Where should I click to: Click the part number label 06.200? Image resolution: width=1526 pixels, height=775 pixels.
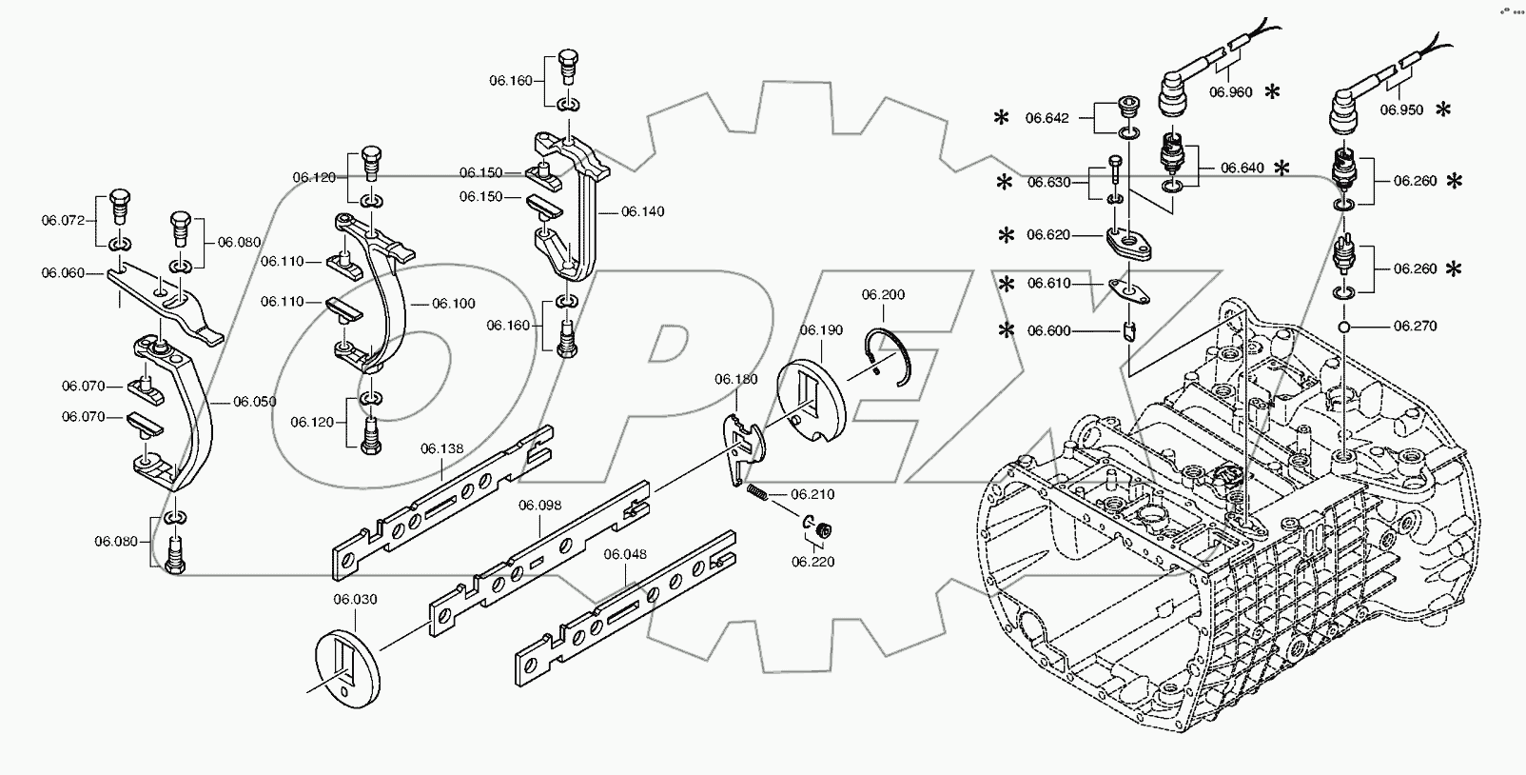[x=883, y=295]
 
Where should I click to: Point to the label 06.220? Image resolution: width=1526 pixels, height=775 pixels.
[x=812, y=562]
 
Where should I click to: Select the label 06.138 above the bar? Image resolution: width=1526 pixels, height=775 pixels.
[x=441, y=448]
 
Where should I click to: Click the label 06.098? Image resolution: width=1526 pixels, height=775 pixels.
[x=539, y=505]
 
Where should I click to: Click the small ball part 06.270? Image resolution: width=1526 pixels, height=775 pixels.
[x=1343, y=327]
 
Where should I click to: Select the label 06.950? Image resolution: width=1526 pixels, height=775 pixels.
[x=1401, y=110]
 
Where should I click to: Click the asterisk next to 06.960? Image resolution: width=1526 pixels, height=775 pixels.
[x=1272, y=92]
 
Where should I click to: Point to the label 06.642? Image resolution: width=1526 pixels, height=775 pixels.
[x=1047, y=119]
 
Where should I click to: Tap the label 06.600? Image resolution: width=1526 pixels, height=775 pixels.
[x=1048, y=331]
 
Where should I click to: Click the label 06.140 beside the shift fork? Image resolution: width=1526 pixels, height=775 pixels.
[x=642, y=211]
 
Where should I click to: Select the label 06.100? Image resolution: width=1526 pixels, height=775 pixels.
[x=453, y=304]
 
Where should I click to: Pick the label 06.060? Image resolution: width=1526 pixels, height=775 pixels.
[x=63, y=273]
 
